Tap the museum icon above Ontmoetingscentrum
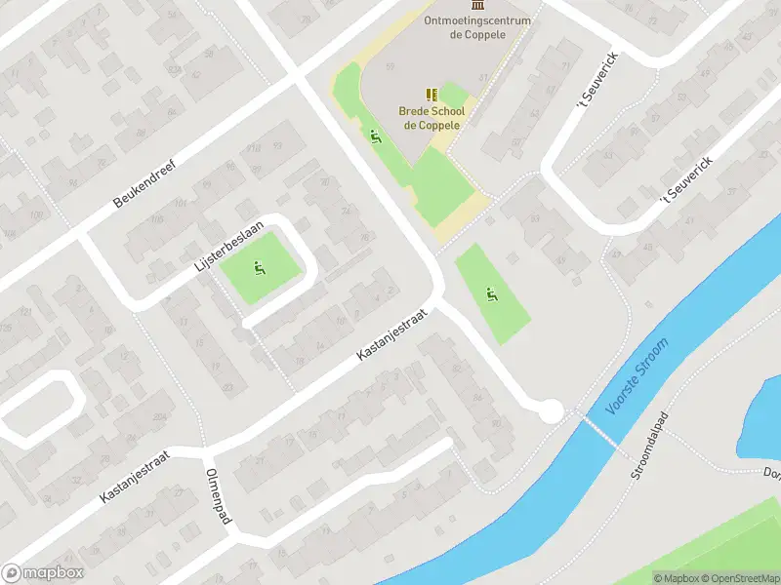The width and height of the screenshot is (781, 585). click(476, 6)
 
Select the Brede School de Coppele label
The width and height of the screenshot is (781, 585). click(431, 118)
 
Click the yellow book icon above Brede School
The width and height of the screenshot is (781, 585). click(431, 95)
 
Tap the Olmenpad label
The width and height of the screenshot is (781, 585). click(217, 495)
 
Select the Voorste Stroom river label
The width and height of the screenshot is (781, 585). click(637, 376)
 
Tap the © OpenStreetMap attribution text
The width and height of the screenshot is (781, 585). click(741, 578)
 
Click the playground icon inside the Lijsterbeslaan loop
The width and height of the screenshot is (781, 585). click(259, 268)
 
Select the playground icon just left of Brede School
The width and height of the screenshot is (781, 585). click(375, 136)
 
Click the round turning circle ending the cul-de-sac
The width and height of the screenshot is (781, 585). click(551, 411)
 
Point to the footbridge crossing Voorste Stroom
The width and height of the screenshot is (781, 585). click(599, 429)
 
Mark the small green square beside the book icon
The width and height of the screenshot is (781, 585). click(453, 96)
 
